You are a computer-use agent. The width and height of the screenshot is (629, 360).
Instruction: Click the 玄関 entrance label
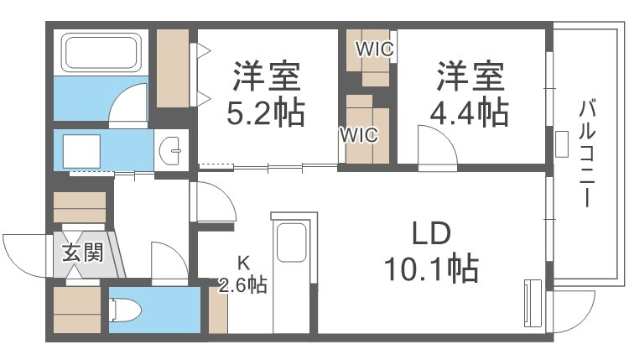point(82,252)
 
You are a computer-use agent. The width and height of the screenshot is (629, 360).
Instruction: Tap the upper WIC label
point(374,49)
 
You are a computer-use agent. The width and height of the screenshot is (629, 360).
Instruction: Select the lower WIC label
point(359,133)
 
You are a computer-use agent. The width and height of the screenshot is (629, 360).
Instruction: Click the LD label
point(431,232)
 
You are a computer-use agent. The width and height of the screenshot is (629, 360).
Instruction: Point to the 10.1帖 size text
point(431,269)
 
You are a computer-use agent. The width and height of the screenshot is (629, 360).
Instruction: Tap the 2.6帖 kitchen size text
point(242,285)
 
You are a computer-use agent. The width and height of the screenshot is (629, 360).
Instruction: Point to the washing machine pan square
point(85,149)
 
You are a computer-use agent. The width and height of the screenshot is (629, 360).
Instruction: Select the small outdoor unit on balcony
point(559,143)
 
